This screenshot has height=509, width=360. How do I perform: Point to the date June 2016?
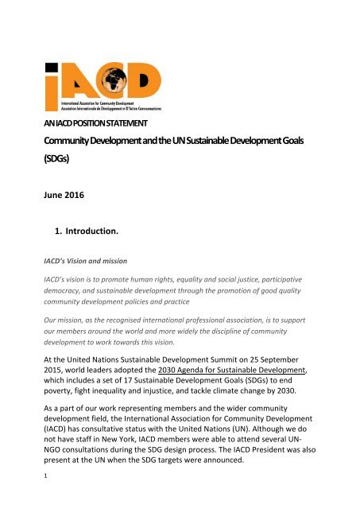(x=60, y=194)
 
